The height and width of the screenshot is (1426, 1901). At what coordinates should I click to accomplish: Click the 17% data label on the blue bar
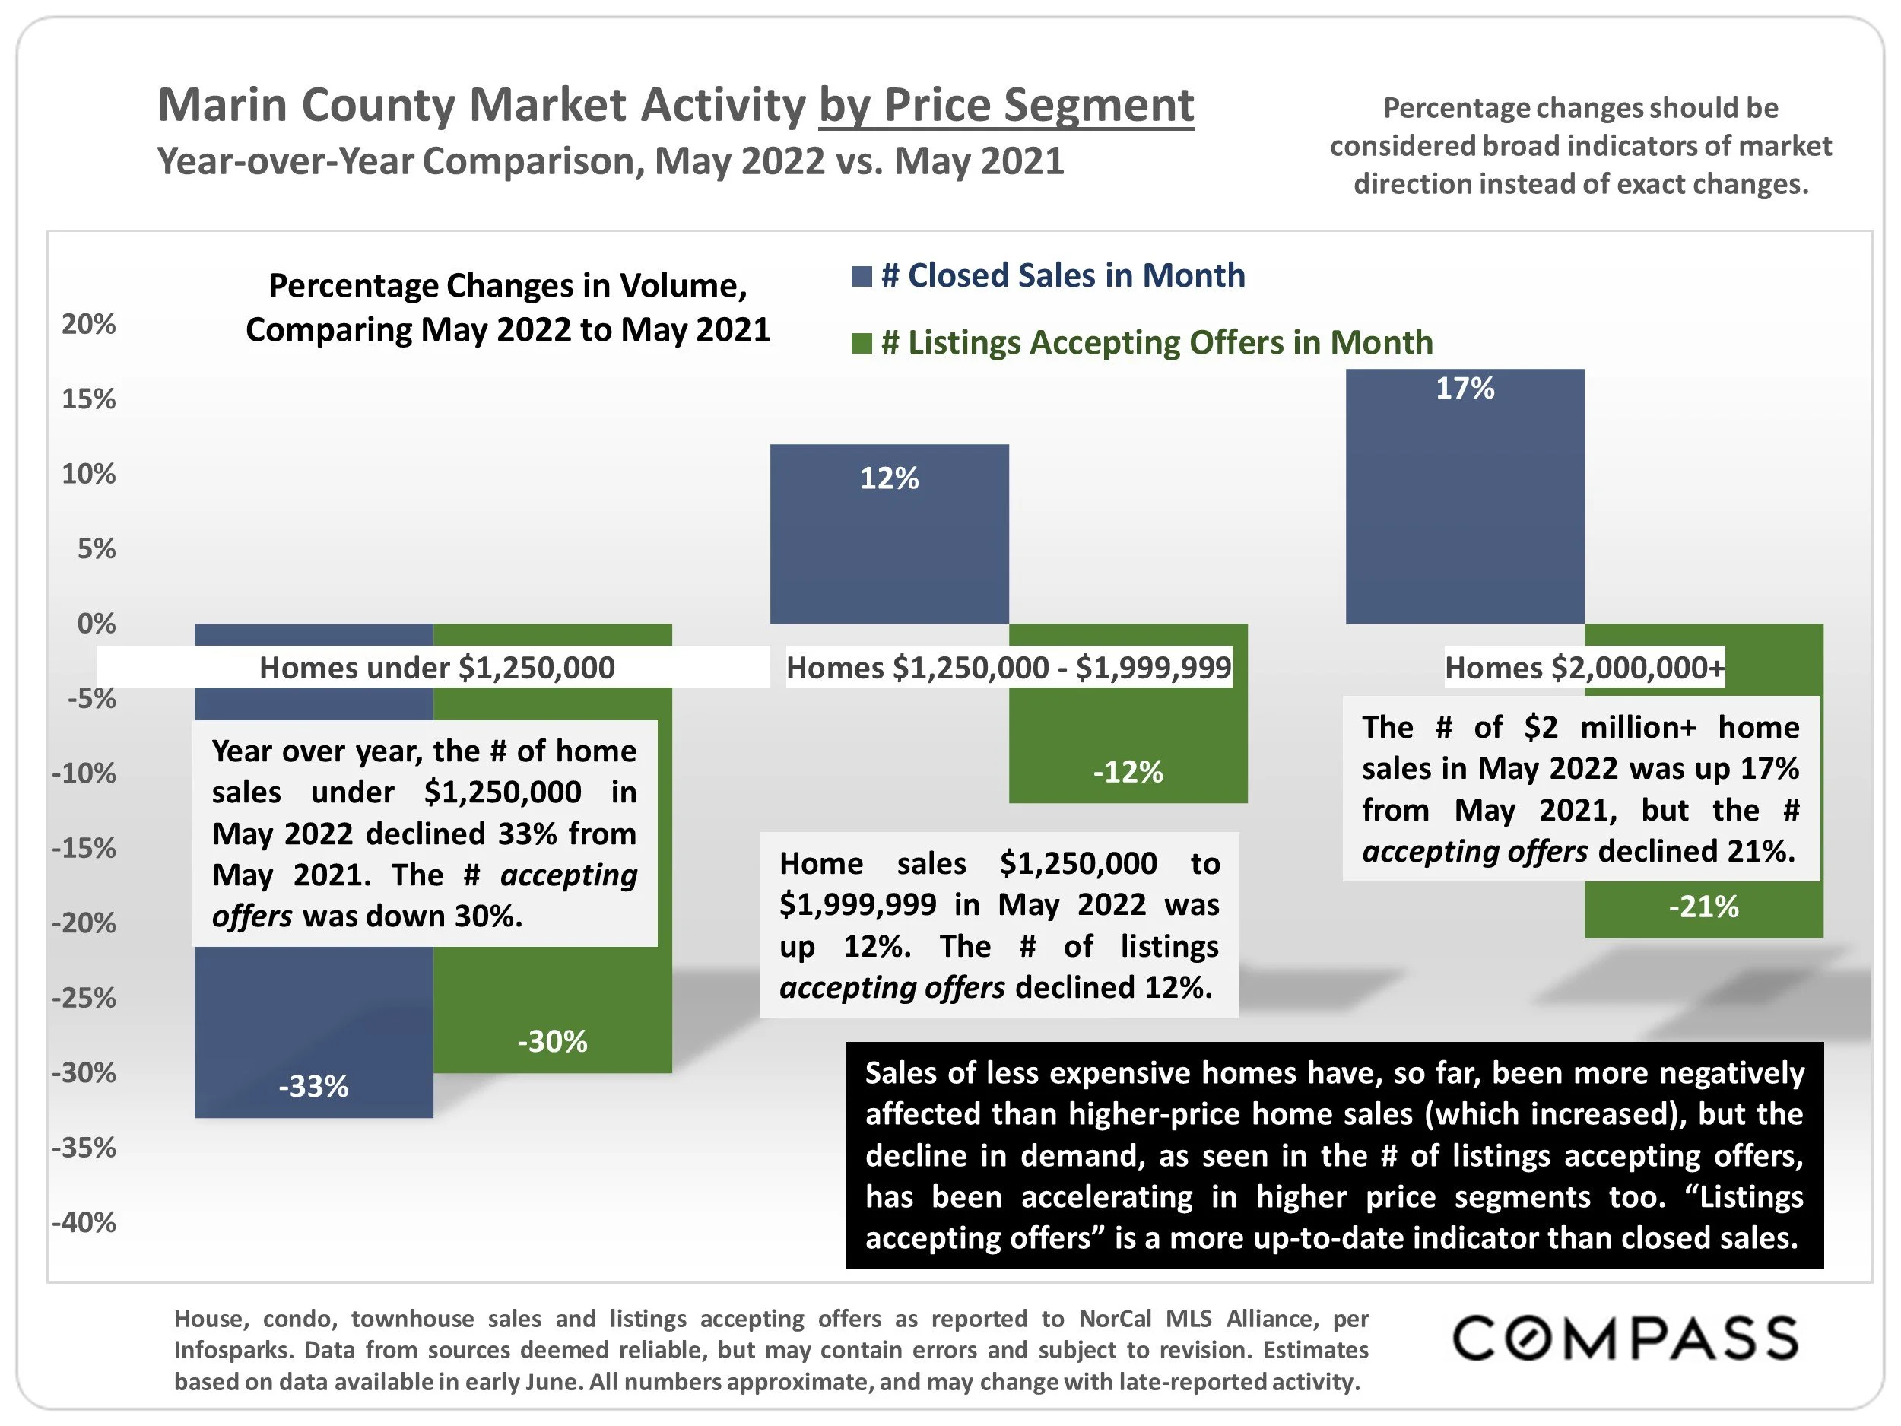(1465, 389)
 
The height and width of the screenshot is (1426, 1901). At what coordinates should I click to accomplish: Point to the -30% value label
(552, 1042)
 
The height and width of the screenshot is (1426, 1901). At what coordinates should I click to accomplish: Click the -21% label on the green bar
(1703, 907)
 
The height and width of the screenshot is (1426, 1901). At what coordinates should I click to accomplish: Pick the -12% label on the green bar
(1128, 772)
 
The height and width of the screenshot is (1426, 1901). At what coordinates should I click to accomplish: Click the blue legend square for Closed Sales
(861, 276)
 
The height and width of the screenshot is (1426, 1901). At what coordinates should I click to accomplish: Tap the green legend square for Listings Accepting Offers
(861, 343)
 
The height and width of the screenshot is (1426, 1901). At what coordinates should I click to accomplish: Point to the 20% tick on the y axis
(88, 324)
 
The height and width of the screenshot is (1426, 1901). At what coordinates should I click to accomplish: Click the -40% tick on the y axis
(84, 1222)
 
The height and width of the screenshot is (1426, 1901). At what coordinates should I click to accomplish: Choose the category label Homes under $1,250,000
(436, 668)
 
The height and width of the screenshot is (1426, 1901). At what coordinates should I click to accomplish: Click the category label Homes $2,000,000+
(1584, 668)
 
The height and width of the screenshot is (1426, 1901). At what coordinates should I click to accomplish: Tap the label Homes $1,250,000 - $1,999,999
(1008, 668)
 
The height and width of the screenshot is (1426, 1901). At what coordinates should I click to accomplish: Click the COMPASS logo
(1625, 1339)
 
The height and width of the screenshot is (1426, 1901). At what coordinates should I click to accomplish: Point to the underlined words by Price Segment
(1005, 105)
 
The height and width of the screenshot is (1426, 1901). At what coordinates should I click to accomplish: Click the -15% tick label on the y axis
(84, 849)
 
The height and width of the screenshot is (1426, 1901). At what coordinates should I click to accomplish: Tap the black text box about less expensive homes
(1334, 1154)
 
